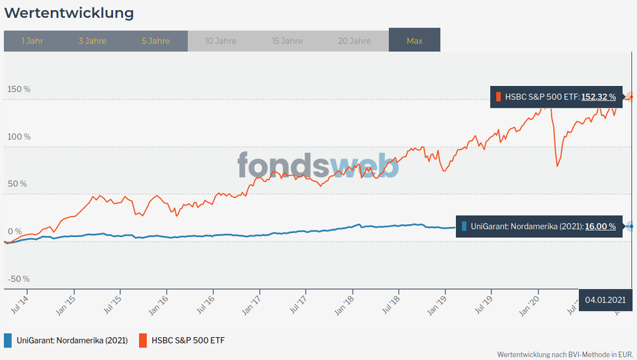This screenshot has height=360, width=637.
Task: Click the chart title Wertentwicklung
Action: click(x=69, y=13)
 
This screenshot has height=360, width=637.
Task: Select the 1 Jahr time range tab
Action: click(x=32, y=41)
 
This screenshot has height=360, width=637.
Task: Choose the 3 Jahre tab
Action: click(x=92, y=41)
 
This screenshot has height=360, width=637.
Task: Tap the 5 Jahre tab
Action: click(x=156, y=41)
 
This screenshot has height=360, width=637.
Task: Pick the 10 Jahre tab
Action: click(x=221, y=41)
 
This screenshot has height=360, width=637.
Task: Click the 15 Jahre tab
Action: click(x=287, y=41)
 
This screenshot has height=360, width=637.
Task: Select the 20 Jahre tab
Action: click(x=355, y=41)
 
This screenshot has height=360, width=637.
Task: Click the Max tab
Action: click(x=414, y=41)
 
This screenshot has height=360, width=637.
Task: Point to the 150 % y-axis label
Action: click(x=18, y=89)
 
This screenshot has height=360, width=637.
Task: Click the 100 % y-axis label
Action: click(x=18, y=136)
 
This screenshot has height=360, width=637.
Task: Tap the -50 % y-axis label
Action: click(x=18, y=279)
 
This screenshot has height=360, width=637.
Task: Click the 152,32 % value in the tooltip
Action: click(x=598, y=97)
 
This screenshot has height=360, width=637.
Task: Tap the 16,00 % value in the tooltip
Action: click(x=601, y=226)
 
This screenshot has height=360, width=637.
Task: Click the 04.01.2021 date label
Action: click(x=606, y=299)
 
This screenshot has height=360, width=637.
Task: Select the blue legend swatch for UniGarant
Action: click(x=8, y=340)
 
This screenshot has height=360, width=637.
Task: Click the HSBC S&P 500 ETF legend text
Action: click(x=188, y=340)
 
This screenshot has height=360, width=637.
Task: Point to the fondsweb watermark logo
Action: click(x=318, y=166)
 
